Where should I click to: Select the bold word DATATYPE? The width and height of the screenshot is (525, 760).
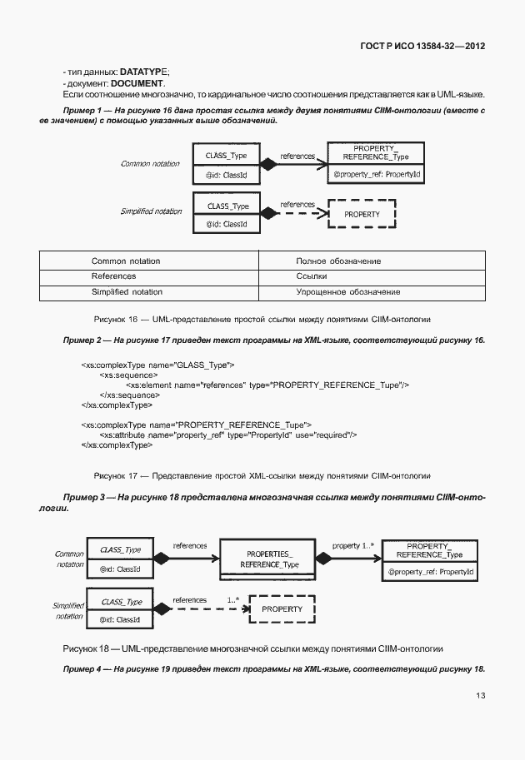coord(145,73)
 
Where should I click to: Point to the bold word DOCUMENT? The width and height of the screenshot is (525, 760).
coord(137,84)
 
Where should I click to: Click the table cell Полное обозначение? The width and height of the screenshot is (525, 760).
coord(338,261)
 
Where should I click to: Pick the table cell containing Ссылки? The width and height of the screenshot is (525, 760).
coord(312,276)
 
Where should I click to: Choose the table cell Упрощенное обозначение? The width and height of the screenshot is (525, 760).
coord(347,292)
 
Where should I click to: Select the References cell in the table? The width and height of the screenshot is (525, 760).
coord(113,276)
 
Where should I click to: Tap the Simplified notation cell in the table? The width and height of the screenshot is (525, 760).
coord(127,292)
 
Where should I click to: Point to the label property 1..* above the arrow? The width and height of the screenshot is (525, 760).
coord(353,545)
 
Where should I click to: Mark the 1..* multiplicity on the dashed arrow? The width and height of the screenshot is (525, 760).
coord(233,599)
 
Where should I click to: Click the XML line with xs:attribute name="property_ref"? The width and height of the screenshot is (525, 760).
coord(227,435)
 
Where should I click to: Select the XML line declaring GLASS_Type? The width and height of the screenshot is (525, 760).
coord(157,365)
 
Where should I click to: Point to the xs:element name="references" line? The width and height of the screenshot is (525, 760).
coord(267,385)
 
